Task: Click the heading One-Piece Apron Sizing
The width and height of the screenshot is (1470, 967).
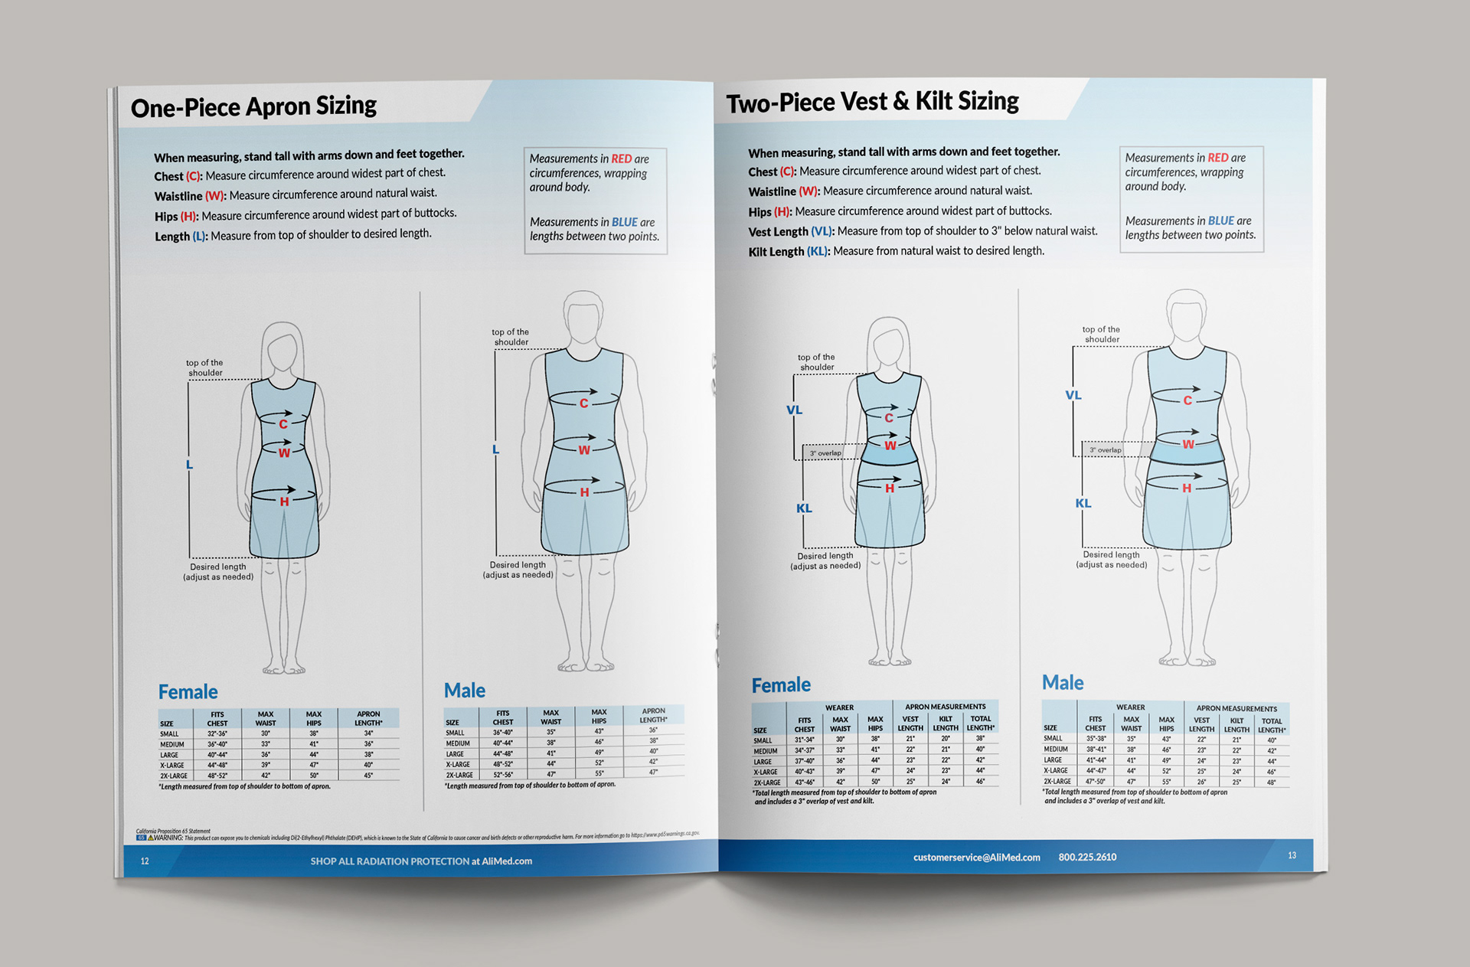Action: pos(253,106)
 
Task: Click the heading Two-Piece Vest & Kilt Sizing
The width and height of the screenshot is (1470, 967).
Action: pos(872,102)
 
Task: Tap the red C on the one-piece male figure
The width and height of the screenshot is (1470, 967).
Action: pos(583,403)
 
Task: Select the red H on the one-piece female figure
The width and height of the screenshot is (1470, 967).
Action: pos(284,501)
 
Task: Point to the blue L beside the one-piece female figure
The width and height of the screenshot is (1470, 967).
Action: pos(189,464)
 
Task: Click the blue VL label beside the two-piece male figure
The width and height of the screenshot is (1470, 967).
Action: pos(1073,395)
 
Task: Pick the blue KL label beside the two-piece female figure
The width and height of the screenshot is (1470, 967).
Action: pos(804,508)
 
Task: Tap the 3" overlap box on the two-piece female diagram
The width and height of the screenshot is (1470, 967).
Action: pos(825,453)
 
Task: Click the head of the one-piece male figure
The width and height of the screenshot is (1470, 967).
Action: pos(583,316)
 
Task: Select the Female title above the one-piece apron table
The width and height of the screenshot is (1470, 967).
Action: pos(188,692)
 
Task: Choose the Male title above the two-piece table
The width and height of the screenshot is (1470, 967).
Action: pos(1063,682)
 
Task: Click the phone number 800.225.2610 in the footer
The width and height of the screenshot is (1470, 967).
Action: pos(1087,857)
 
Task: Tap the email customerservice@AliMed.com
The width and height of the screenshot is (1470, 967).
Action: pos(976,858)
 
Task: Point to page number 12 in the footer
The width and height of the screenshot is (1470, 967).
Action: pos(145,861)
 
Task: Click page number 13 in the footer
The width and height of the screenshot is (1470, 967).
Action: pos(1292,855)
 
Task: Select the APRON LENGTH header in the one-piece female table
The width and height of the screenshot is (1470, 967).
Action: pos(368,718)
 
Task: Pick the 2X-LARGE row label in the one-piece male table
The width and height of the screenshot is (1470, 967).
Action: pos(459,775)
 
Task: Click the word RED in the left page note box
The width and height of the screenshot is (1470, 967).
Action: pos(621,158)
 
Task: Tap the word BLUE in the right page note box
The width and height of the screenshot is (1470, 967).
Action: pos(1220,221)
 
